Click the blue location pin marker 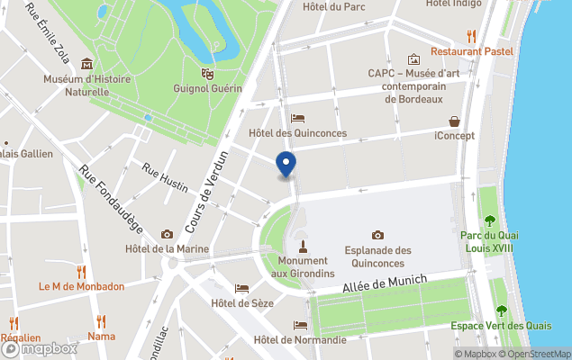286,165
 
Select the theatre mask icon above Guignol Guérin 207,73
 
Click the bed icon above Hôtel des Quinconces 297,119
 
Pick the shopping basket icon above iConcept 455,121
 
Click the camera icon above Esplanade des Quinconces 377,235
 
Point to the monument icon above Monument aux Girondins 303,245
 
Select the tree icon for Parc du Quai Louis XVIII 489,220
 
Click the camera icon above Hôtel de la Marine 167,234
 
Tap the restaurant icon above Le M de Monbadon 81,271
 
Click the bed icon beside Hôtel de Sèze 241,288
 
